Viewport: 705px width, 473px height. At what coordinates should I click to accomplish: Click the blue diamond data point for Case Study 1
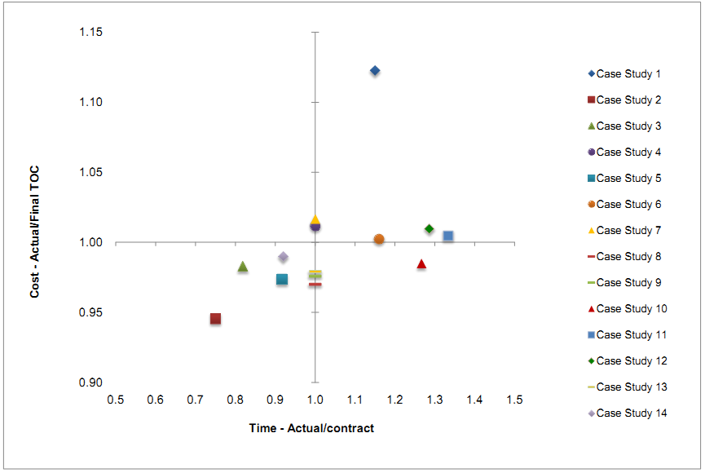[x=375, y=71]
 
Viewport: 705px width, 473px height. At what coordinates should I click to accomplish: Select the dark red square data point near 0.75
[x=215, y=319]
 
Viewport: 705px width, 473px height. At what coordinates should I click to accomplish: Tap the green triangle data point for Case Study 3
[x=242, y=267]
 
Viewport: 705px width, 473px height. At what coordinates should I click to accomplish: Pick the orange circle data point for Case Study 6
[x=379, y=239]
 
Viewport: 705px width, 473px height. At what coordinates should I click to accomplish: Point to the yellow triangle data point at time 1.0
[x=315, y=219]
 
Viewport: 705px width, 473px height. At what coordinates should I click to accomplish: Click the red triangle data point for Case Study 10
[x=421, y=264]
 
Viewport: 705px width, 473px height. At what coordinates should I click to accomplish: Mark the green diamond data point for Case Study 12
[x=430, y=228]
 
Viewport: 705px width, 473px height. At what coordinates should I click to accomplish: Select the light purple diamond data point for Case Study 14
[x=283, y=257]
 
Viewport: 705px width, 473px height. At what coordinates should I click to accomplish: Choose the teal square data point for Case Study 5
[x=282, y=279]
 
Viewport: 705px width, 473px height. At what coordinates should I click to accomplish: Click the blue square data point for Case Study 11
[x=448, y=236]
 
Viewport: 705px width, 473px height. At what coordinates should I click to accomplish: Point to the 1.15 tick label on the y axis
[x=90, y=33]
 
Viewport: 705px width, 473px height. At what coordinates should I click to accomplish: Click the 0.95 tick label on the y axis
[x=90, y=313]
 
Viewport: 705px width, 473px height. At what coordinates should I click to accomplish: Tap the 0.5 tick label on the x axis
[x=115, y=400]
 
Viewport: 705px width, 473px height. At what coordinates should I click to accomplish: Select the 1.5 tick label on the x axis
[x=514, y=400]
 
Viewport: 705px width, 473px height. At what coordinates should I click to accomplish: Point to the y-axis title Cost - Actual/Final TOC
[x=35, y=232]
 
